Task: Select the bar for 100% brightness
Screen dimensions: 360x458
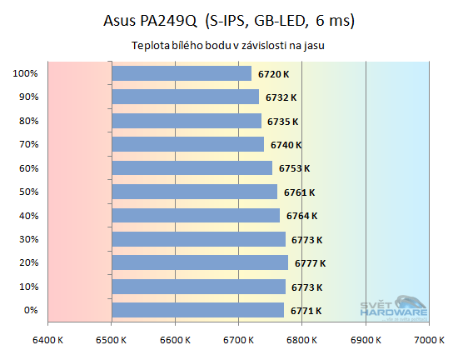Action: tap(181, 73)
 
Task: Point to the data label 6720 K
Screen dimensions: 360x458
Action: tap(272, 74)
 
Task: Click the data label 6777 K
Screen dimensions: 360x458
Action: tap(310, 263)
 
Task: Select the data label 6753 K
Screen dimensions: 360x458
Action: tap(294, 168)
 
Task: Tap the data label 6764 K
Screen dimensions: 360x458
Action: tap(301, 217)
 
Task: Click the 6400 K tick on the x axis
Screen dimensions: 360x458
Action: tap(48, 340)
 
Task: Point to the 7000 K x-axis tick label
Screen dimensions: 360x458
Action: tap(428, 340)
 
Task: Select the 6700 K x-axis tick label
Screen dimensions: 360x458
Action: tap(238, 340)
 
